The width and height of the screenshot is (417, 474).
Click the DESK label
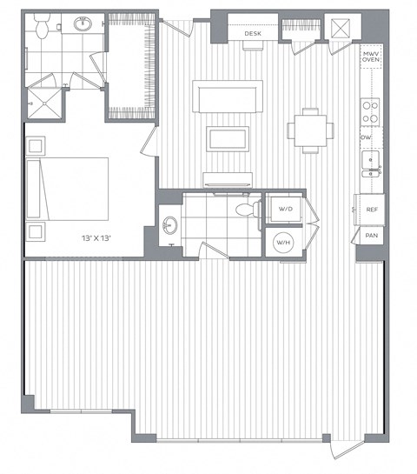(253, 34)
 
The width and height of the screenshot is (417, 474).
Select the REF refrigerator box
(371, 210)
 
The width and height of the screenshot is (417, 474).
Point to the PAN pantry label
(371, 235)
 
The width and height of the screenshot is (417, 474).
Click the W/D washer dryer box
(286, 210)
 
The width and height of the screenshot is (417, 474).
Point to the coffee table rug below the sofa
(226, 138)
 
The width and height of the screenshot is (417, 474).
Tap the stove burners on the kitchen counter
(370, 110)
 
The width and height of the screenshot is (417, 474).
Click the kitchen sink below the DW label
(370, 161)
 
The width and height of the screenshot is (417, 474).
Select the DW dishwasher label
(366, 137)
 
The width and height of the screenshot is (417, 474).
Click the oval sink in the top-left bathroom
(84, 24)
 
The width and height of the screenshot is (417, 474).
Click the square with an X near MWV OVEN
(340, 27)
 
